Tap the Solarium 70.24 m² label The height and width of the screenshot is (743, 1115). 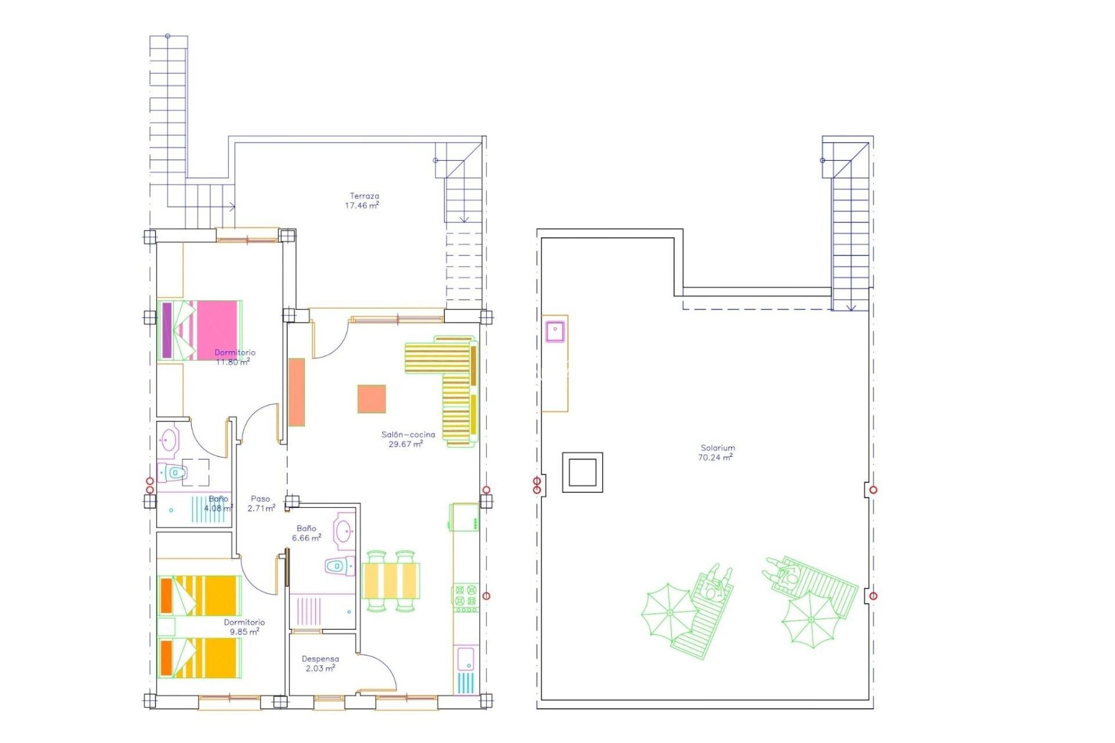[717, 453]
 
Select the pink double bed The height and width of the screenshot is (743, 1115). [200, 330]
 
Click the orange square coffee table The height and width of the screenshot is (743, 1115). [372, 399]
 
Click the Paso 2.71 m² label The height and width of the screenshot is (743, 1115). [261, 503]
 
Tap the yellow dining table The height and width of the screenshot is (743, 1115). [391, 580]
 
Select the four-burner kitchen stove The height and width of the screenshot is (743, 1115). [466, 597]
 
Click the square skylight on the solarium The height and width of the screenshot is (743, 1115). [582, 472]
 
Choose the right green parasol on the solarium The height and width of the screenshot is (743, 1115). [811, 619]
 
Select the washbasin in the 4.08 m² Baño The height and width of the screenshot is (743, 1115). [169, 441]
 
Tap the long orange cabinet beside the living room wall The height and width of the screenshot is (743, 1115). [297, 392]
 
